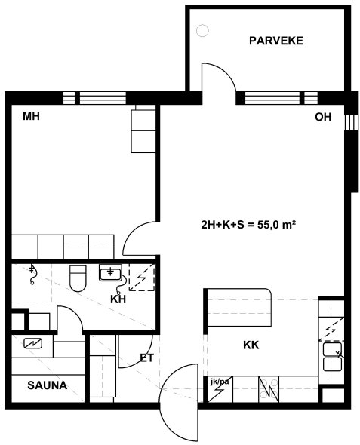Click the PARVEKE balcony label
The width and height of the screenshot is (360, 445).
pos(276,41)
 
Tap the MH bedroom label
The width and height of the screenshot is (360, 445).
pos(31,116)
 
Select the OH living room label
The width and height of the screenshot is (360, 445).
pos(323,117)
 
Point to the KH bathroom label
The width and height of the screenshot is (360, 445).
pos(118,299)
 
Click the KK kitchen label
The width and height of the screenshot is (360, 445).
pos(251,345)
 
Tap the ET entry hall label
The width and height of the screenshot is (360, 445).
pos(146,358)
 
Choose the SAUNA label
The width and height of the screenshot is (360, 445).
pos(48,385)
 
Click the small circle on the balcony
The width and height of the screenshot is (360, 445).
pos(202,31)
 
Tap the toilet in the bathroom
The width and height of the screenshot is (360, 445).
pos(78,278)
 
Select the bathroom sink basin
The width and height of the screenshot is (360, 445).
pos(110,272)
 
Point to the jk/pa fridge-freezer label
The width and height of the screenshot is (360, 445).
pos(220,382)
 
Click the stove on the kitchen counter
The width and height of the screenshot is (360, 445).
pos(269,389)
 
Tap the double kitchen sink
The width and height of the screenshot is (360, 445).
pos(333,357)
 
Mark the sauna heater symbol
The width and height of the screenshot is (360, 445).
pos(33,344)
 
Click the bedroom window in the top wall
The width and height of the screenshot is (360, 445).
pos(94,98)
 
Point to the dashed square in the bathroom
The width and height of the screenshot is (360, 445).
pos(142,278)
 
